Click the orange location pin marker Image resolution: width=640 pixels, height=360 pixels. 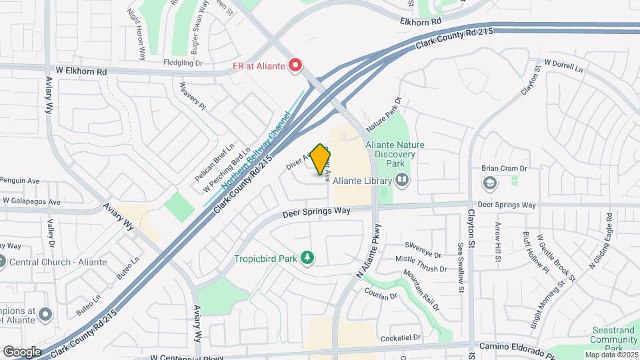(x=321, y=159)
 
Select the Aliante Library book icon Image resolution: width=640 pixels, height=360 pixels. (x=402, y=179)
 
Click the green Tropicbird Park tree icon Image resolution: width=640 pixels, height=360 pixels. (x=307, y=258)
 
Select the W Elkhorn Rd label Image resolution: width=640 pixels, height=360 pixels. (x=79, y=71)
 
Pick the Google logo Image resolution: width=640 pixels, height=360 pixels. (x=22, y=351)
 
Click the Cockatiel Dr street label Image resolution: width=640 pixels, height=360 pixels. (x=401, y=339)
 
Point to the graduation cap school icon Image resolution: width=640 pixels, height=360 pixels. (x=489, y=183)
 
